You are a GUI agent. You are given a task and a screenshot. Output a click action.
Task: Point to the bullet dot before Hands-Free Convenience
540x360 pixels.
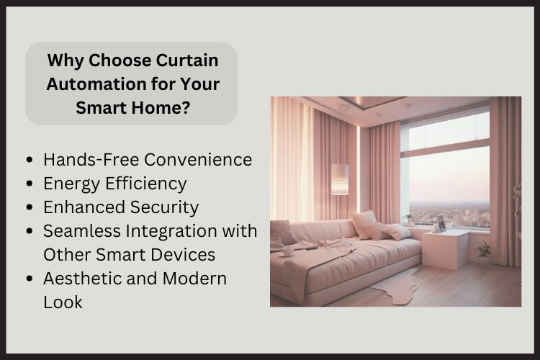[x=29, y=160]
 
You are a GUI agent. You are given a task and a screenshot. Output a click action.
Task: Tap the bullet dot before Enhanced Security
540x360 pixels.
[x=29, y=207]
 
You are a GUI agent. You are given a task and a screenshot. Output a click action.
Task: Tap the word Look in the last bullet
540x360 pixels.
[x=63, y=302]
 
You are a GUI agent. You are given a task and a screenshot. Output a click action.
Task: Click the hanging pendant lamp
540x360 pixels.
[x=340, y=179]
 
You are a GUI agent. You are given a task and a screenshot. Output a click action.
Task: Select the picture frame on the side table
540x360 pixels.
[x=440, y=222]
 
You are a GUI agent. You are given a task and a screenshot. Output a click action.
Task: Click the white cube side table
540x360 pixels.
[x=445, y=249]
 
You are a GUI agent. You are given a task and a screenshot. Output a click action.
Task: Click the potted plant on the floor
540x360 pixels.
[x=485, y=251]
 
